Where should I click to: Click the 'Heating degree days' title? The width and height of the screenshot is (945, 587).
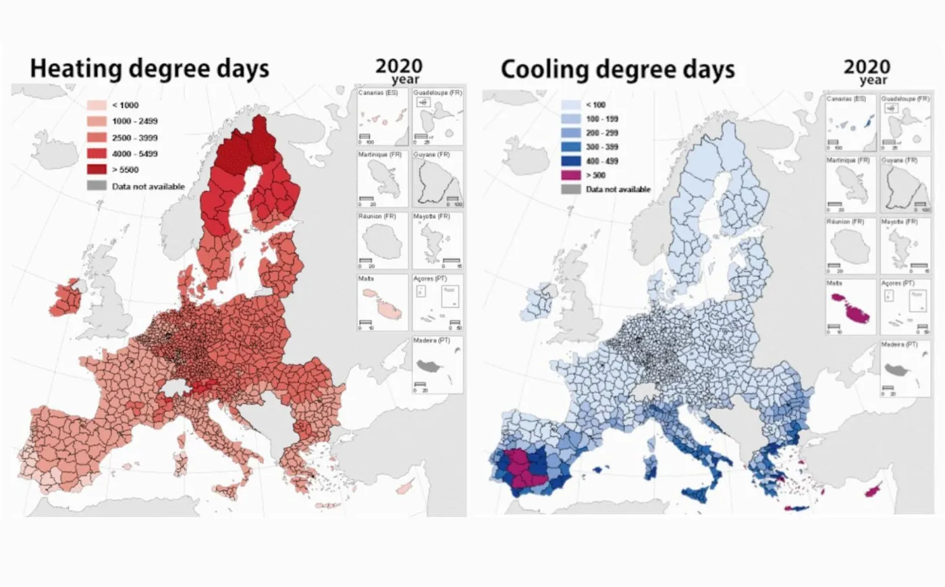pyautogui.click(x=149, y=68)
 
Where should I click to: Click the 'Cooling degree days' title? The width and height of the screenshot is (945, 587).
pyautogui.click(x=617, y=69)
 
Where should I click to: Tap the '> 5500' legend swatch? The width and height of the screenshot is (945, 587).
pyautogui.click(x=97, y=170)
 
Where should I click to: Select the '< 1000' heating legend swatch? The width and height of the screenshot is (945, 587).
pyautogui.click(x=97, y=105)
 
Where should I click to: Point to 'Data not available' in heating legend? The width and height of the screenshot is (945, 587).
pyautogui.click(x=148, y=186)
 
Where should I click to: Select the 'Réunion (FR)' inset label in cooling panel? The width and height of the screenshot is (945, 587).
pyautogui.click(x=844, y=222)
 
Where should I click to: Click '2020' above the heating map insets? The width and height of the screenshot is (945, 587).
pyautogui.click(x=398, y=66)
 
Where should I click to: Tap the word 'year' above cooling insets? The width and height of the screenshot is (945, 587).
pyautogui.click(x=873, y=80)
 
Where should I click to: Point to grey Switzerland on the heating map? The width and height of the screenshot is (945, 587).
pyautogui.click(x=177, y=388)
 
